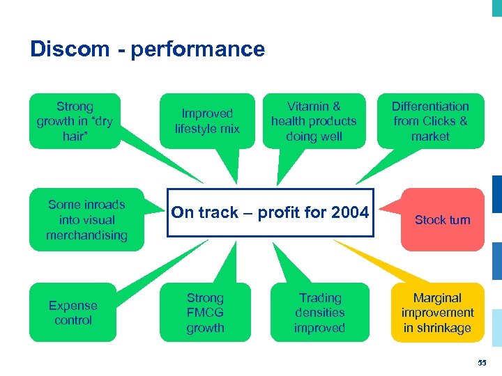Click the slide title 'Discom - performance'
[x=147, y=49]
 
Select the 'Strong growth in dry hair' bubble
[x=75, y=121]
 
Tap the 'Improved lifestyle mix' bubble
[x=207, y=121]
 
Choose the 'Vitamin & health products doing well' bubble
[x=314, y=121]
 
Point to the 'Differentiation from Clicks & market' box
[x=430, y=121]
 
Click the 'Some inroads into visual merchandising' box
[x=86, y=220]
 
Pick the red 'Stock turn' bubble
[x=443, y=220]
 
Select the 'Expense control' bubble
[x=73, y=313]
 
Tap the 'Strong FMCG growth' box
[x=205, y=313]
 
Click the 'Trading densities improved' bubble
[x=320, y=313]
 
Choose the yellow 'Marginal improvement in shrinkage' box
[x=438, y=313]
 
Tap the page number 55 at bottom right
[x=482, y=363]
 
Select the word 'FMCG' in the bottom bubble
[x=205, y=313]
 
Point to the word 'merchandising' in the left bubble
[x=86, y=235]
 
